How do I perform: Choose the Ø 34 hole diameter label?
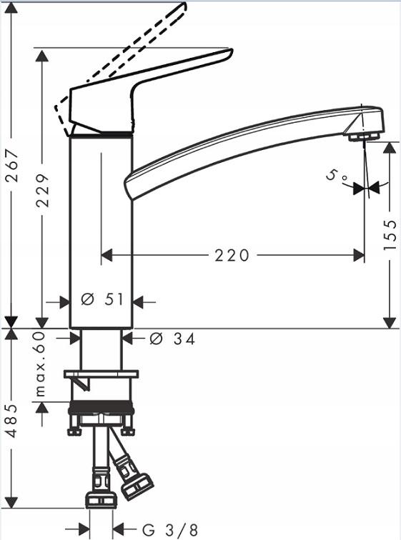[172, 339]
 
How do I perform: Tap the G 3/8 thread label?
[170, 529]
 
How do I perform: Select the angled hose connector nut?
[136, 486]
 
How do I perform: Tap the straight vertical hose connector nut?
[101, 499]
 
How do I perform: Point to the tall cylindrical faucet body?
[101, 229]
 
